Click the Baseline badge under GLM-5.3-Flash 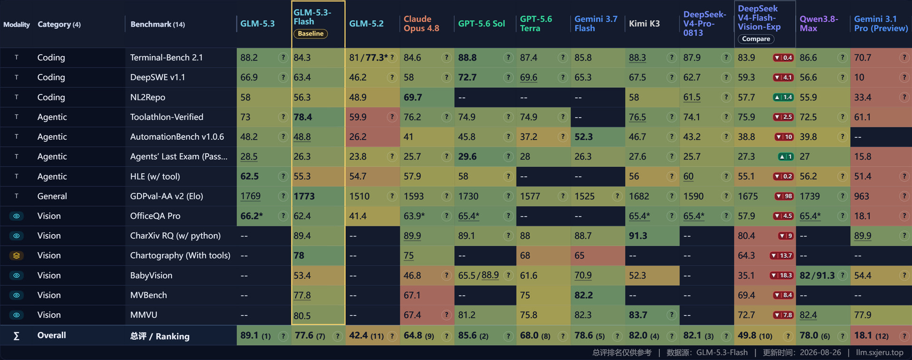[311, 34]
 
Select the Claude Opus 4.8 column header [421, 24]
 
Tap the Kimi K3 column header [644, 24]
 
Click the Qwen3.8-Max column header [819, 24]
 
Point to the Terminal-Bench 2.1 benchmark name [166, 57]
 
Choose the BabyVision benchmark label [151, 275]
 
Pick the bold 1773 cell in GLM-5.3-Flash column [304, 196]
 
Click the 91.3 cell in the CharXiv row [638, 236]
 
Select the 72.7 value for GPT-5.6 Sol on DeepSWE [467, 77]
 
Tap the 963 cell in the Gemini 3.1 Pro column [861, 196]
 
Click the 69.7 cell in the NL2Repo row [413, 97]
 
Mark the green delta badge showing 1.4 [783, 97]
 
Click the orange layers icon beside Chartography [16, 256]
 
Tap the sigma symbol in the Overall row [16, 336]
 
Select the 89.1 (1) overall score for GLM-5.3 [256, 336]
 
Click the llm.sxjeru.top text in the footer [880, 352]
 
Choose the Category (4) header [59, 24]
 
